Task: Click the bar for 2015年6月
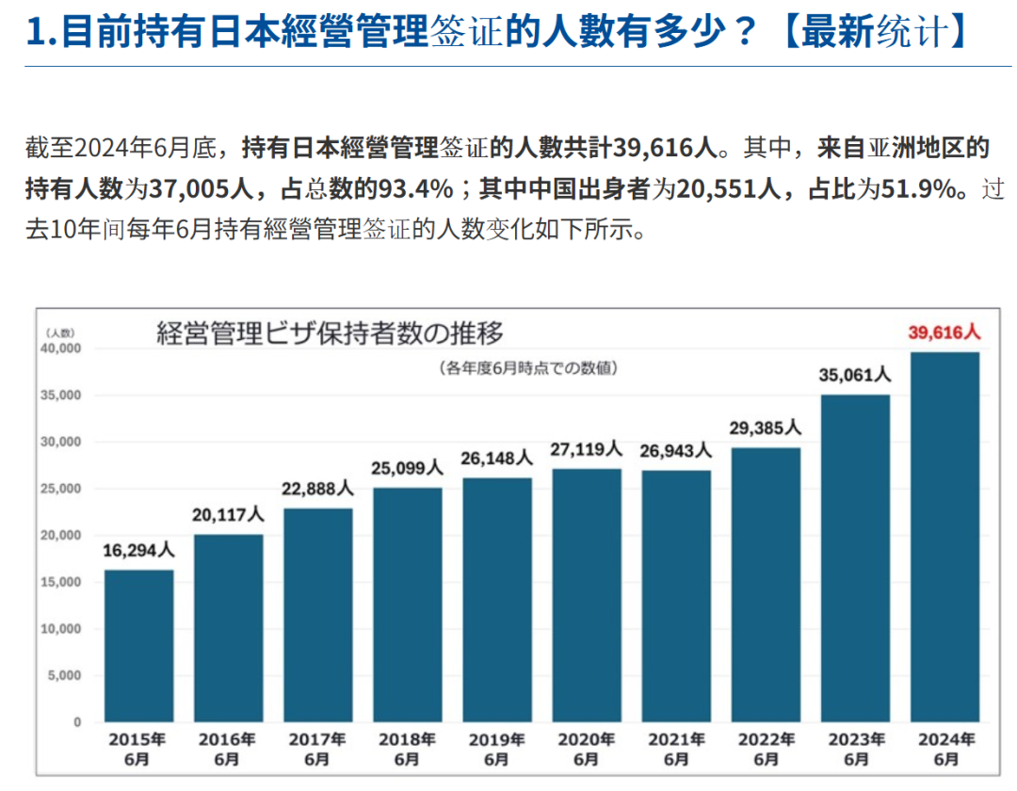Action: (x=138, y=646)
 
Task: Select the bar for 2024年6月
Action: (x=945, y=537)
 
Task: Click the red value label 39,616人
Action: (x=944, y=332)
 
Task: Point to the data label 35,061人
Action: (x=855, y=375)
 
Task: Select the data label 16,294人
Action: (x=138, y=550)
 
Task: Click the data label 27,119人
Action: (x=587, y=449)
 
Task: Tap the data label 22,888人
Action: (x=317, y=489)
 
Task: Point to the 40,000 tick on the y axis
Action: (x=61, y=348)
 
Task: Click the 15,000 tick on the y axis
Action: (x=61, y=582)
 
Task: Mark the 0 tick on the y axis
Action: (x=78, y=722)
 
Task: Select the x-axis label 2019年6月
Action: (x=496, y=749)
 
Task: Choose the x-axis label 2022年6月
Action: (x=766, y=749)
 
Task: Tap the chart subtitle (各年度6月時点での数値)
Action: (x=528, y=368)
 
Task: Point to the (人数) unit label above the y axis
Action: (x=59, y=331)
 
